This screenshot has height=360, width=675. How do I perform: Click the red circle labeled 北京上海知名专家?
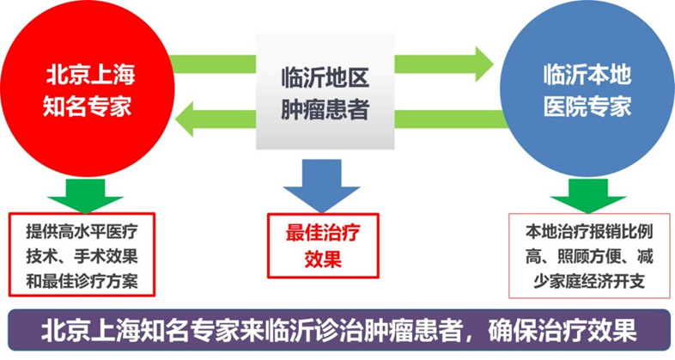pos(88,88)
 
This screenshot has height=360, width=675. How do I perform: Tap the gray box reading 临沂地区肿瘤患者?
pos(325,92)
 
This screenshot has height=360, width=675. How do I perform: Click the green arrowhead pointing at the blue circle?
pos(484,64)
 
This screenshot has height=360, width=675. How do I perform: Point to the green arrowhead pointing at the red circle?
pos(185,119)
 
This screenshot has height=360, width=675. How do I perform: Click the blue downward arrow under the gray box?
pos(321,186)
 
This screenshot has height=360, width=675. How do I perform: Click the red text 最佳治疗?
pos(323,233)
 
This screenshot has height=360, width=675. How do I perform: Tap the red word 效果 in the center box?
pos(323,259)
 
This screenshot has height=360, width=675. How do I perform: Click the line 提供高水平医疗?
pos(82,232)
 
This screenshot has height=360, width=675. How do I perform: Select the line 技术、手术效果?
pos(82,257)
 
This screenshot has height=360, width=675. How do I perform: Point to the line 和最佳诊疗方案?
pos(82,282)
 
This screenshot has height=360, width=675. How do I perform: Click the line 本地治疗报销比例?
pos(589,232)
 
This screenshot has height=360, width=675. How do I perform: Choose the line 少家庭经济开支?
pos(589,282)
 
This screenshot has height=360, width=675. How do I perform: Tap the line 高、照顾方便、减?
pos(589,257)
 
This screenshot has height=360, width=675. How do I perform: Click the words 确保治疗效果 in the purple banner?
pos(562,331)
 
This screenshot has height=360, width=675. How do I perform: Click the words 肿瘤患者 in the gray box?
pos(325,109)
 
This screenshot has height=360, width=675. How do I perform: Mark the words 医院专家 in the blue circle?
pos(587,107)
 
